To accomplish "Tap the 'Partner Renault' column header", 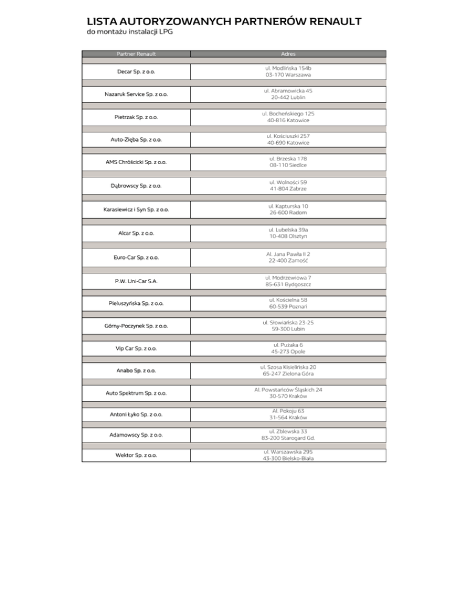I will (x=136, y=53).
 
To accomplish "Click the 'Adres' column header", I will (x=289, y=53).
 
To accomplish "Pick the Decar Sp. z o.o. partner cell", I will (x=136, y=72).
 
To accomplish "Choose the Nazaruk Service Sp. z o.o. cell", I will (x=136, y=94).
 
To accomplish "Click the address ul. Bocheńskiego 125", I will (x=289, y=114).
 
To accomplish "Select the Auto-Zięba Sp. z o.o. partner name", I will (x=136, y=140).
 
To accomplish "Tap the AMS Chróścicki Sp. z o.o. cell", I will (x=136, y=162).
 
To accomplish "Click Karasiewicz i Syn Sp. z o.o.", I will (x=136, y=210).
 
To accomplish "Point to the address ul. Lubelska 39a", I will (x=289, y=230).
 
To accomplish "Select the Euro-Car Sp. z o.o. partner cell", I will (x=136, y=257).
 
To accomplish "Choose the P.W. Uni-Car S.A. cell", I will (x=136, y=281).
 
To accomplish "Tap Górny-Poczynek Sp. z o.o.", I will (x=136, y=326).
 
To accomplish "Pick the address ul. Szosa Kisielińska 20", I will (x=289, y=367).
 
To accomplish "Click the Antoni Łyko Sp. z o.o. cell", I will (x=136, y=414).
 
